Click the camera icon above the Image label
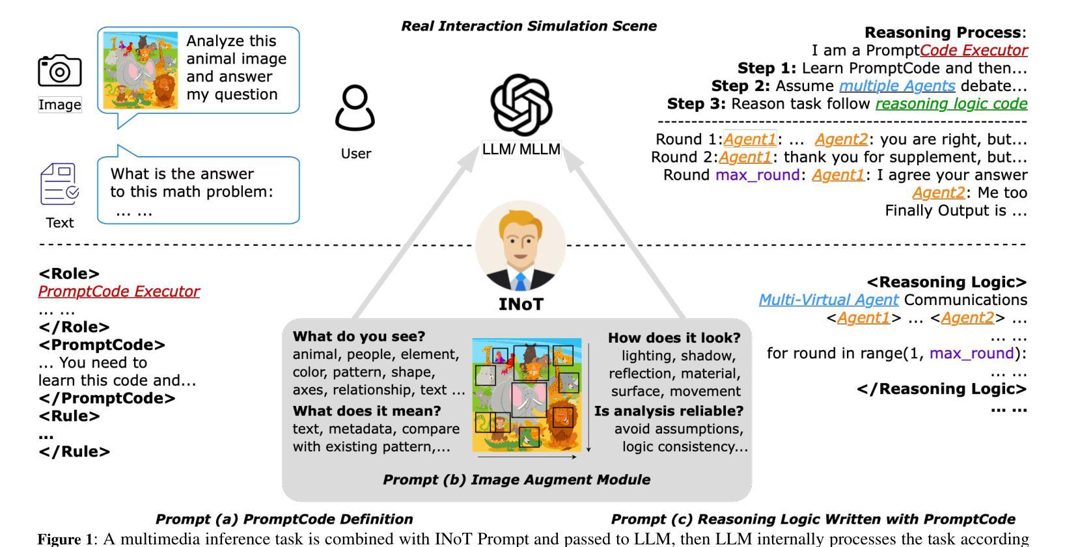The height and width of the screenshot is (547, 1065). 59,70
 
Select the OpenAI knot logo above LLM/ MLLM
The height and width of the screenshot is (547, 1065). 521,105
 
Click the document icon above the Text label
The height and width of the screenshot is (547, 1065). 59,184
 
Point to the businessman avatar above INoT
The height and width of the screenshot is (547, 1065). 521,246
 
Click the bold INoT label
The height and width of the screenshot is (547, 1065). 521,304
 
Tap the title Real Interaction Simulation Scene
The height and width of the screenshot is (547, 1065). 529,26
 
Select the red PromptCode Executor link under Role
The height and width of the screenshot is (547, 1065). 119,291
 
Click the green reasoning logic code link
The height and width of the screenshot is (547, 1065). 951,104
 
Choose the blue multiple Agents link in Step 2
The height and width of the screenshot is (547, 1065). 897,86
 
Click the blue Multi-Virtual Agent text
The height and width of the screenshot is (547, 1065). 829,300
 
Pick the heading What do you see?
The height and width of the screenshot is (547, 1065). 359,336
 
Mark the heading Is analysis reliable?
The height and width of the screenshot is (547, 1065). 669,411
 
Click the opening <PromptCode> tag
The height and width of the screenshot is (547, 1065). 102,345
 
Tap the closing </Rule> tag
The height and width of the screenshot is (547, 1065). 74,451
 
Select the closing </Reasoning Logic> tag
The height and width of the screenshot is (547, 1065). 942,389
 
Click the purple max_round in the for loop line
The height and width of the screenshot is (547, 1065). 972,354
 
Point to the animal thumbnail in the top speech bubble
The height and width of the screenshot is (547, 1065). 140,70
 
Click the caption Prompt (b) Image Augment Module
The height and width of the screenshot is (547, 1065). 516,479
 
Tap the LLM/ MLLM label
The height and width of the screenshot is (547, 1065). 521,149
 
